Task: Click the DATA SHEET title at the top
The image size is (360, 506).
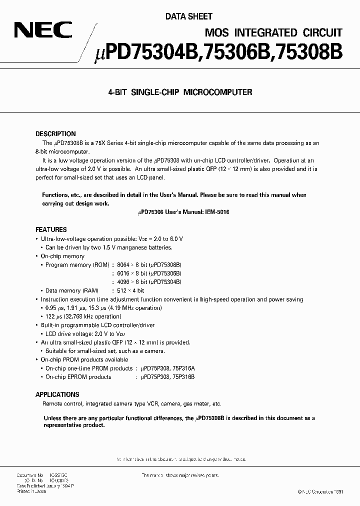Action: point(188,16)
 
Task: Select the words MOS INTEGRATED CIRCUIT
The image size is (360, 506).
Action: point(273,32)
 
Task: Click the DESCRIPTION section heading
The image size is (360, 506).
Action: point(55,134)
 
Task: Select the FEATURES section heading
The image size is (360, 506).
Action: point(50,230)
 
